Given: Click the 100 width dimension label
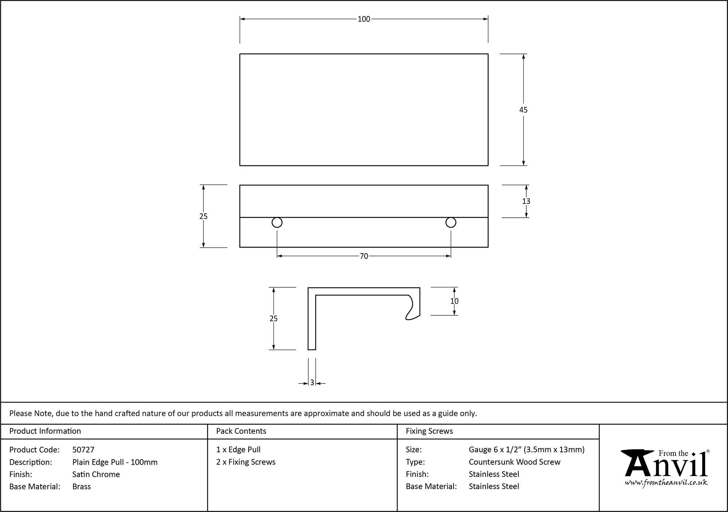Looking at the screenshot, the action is (364, 19).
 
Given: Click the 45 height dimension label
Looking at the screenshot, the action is (523, 110).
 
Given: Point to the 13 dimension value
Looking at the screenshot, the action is (526, 201).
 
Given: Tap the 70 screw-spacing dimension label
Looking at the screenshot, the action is (364, 256).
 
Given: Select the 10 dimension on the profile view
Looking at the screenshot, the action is (454, 301).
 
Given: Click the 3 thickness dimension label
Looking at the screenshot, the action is (312, 383).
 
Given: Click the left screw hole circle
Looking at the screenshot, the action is (277, 222).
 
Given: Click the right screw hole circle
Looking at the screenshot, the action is (451, 222).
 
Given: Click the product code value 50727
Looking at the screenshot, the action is (83, 450).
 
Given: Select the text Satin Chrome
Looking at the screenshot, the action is (96, 474).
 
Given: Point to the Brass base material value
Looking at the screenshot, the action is (82, 487).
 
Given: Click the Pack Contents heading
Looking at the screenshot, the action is (241, 431).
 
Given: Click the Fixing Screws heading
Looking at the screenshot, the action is (429, 431).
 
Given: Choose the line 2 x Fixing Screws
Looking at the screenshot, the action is (246, 462).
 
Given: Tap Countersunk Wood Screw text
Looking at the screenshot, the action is (515, 462).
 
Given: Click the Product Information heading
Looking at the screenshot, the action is (45, 431).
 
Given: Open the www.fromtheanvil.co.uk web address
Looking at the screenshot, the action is (666, 483).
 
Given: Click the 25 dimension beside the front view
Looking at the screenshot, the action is (203, 216).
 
